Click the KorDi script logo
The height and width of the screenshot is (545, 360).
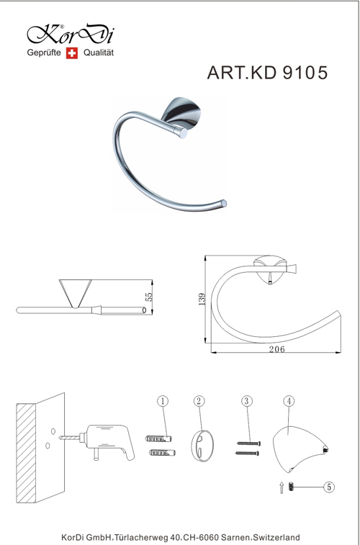pyautogui.click(x=71, y=34)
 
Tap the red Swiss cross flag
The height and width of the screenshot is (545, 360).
pyautogui.click(x=72, y=53)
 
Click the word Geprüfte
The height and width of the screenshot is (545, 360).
pyautogui.click(x=44, y=53)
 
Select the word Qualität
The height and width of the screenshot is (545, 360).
pyautogui.click(x=99, y=53)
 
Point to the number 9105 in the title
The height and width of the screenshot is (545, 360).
pyautogui.click(x=305, y=73)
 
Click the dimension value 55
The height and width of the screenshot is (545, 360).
pyautogui.click(x=148, y=297)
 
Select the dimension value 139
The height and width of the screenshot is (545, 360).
pyautogui.click(x=202, y=299)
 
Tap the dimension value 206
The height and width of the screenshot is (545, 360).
pyautogui.click(x=276, y=349)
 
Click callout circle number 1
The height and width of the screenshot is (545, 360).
pyautogui.click(x=163, y=401)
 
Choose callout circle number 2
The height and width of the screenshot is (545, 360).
pyautogui.click(x=199, y=401)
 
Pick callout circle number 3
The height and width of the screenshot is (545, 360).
pyautogui.click(x=246, y=401)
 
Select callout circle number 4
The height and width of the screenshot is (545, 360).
pyautogui.click(x=289, y=401)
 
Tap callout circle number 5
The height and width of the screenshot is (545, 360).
pyautogui.click(x=329, y=487)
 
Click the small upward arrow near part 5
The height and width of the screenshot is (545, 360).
pyautogui.click(x=282, y=487)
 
